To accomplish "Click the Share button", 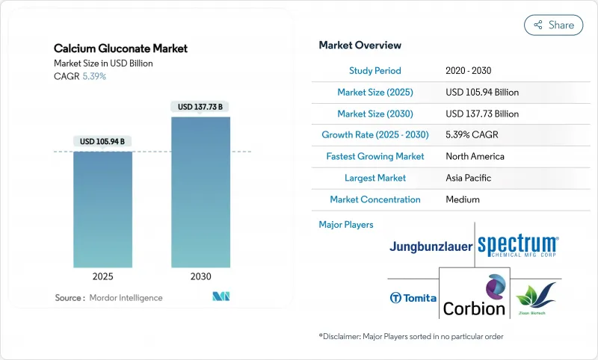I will click(x=554, y=25).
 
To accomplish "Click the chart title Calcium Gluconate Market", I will click(x=120, y=49).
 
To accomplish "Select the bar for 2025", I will click(x=102, y=209).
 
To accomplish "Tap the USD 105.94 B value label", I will click(x=102, y=141).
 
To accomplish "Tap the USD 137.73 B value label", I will click(x=201, y=107).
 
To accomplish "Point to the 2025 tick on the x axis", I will click(x=102, y=276).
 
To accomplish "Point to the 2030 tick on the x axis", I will click(x=201, y=276).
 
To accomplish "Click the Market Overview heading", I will click(x=360, y=46).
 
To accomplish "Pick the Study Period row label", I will click(x=374, y=71).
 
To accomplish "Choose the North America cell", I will click(x=474, y=157).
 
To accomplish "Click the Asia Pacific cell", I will click(x=469, y=178).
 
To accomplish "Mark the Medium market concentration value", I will click(x=463, y=199).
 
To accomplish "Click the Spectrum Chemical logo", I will click(x=517, y=245).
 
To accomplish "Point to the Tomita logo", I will click(x=413, y=298).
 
